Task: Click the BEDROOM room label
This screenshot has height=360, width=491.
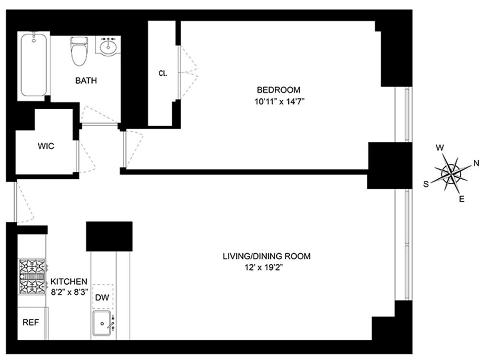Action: (279, 90)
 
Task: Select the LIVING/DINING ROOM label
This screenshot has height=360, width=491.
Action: (266, 256)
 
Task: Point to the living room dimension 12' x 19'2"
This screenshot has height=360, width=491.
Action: (266, 267)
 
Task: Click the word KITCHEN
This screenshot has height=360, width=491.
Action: (69, 281)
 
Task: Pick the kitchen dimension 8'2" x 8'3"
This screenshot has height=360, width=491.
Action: (69, 291)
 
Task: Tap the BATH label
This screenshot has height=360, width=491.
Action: (86, 81)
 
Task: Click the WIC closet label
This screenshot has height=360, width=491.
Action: (46, 146)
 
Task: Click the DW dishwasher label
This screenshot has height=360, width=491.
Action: (102, 298)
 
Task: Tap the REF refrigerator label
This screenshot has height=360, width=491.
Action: (31, 323)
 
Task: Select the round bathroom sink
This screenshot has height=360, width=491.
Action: (109, 46)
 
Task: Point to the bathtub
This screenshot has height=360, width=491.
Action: (34, 65)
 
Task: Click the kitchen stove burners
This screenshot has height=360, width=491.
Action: (33, 276)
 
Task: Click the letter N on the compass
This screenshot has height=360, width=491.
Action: (476, 163)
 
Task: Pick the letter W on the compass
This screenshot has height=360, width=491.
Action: (439, 148)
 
